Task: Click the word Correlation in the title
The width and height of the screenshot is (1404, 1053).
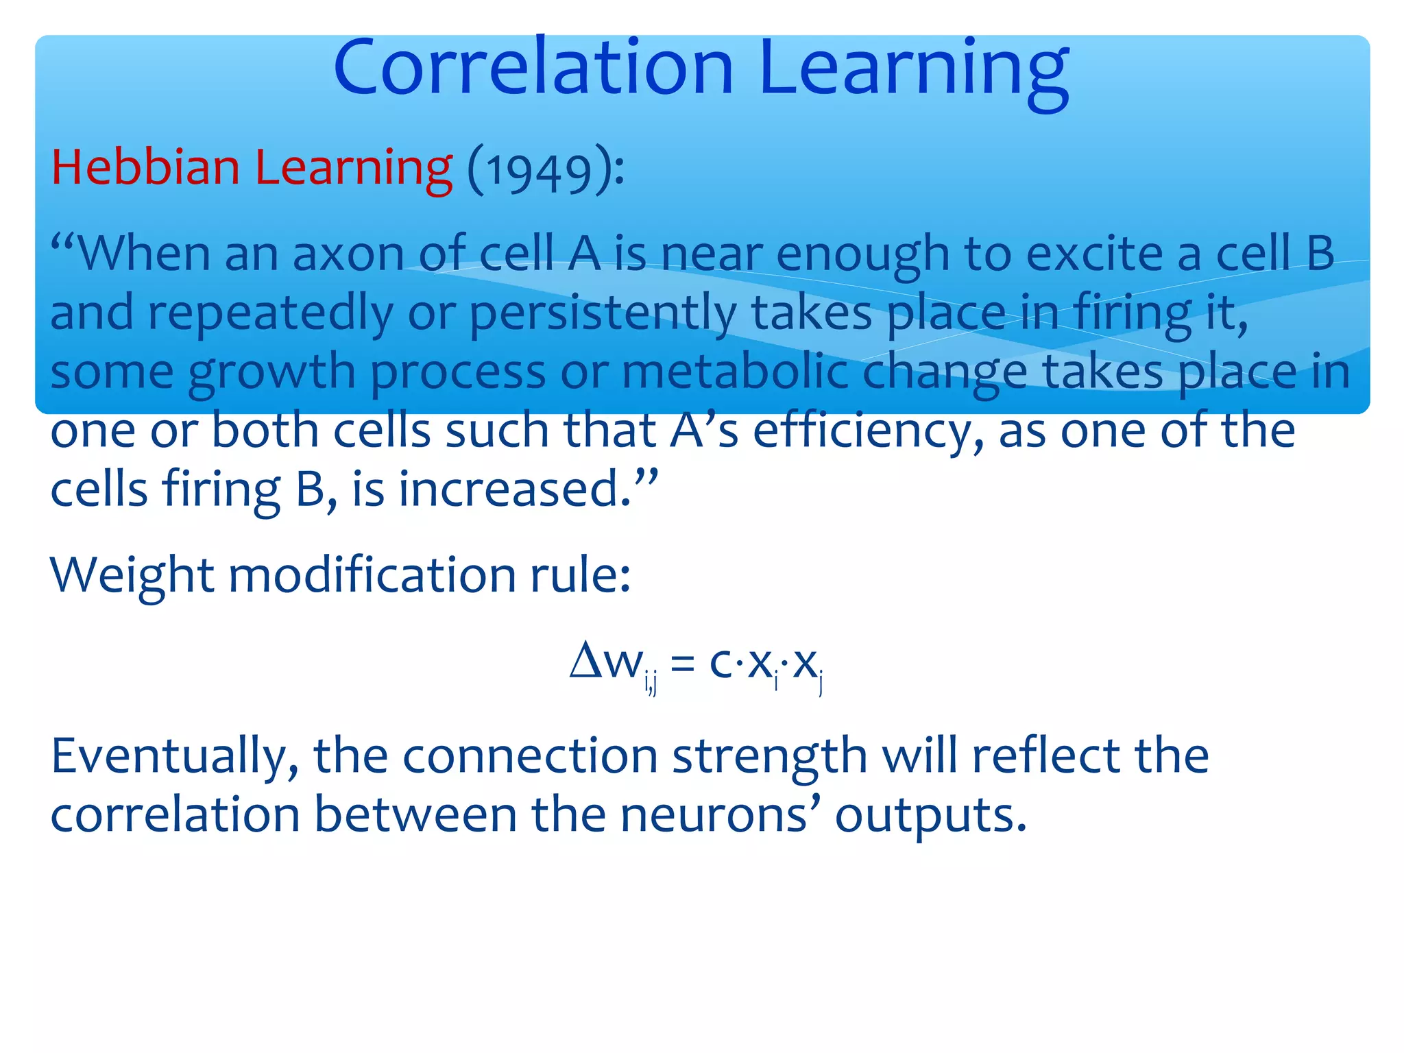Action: click(x=533, y=67)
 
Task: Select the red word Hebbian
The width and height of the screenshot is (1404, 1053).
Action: click(x=145, y=167)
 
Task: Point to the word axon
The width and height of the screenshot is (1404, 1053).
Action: click(x=348, y=254)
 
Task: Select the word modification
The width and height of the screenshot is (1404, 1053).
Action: click(x=372, y=574)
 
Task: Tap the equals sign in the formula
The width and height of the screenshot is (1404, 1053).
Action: click(x=683, y=663)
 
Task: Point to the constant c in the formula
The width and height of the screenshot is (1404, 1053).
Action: click(x=721, y=663)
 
